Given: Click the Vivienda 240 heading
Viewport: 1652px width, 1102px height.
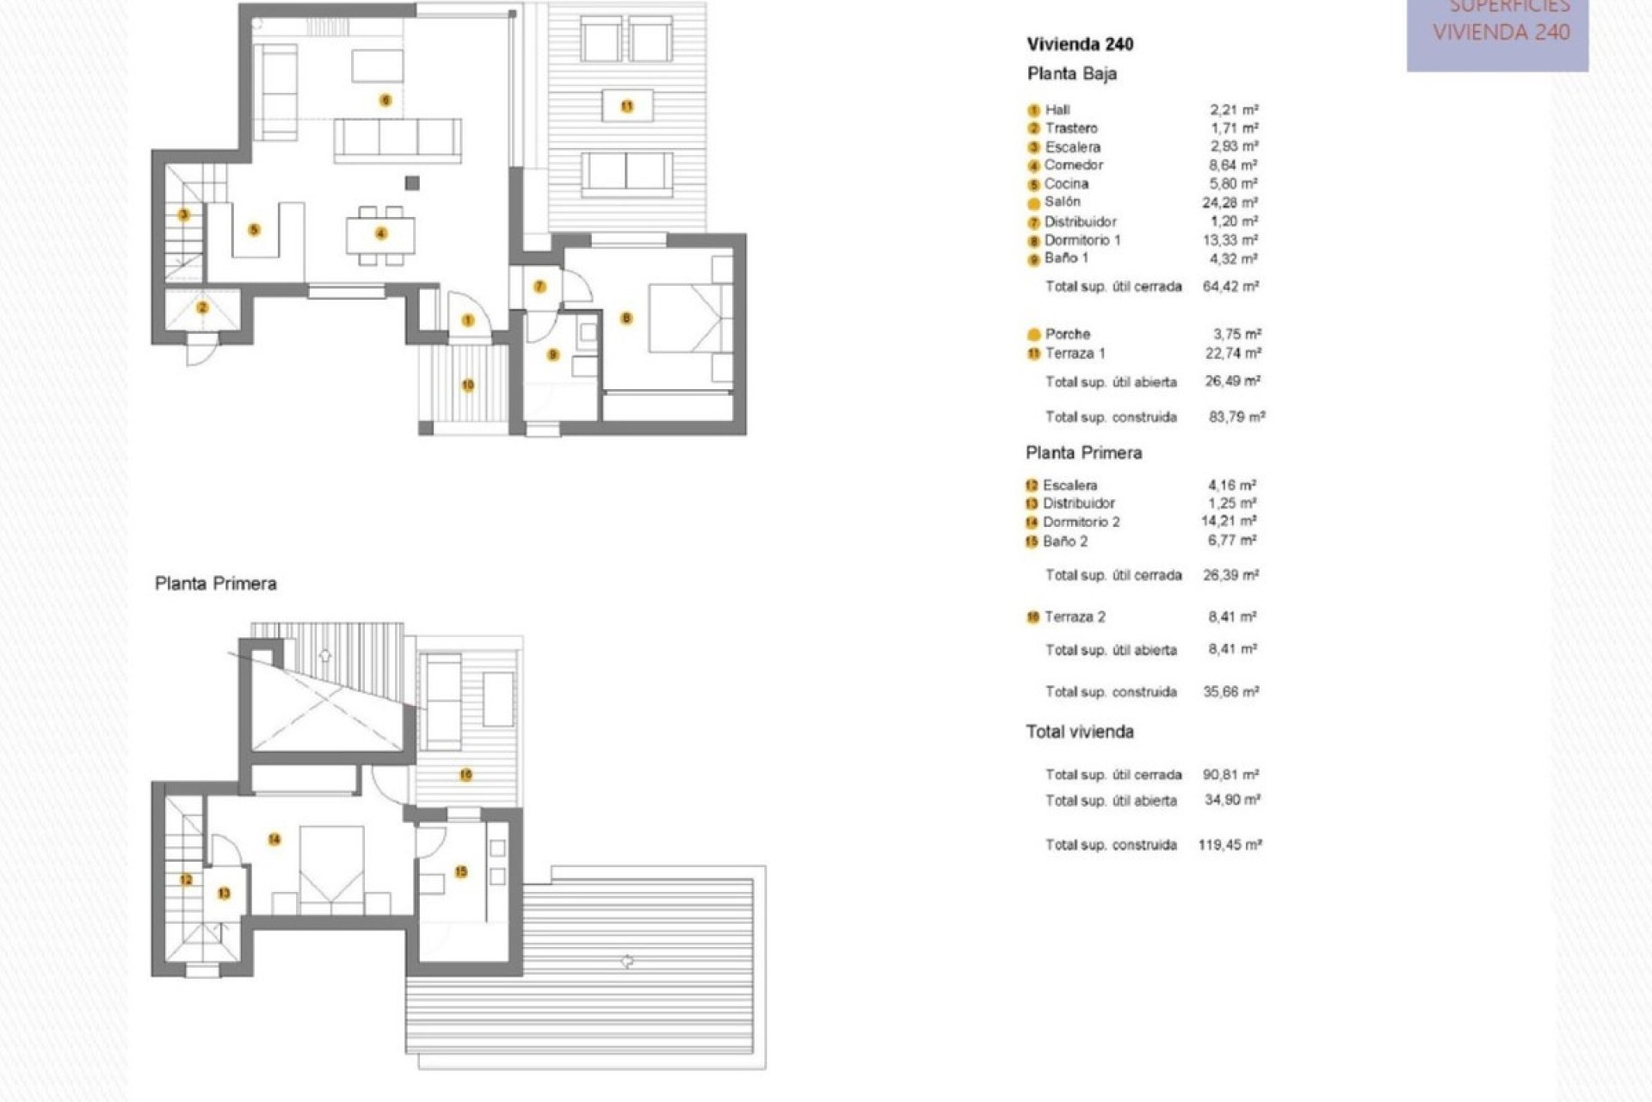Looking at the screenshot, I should pos(1080,45).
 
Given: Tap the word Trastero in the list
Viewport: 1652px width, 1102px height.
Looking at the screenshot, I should pos(1071,128).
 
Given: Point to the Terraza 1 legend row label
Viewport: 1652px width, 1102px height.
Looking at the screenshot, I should pos(1075,353).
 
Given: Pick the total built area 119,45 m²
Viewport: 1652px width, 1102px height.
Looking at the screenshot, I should pos(1230,845).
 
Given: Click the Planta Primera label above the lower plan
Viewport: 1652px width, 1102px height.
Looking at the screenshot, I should pos(216,584).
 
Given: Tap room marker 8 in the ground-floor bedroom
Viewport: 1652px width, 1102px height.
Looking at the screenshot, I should pos(626,319).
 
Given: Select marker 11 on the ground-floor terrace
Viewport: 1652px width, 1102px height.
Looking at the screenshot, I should pos(627,107).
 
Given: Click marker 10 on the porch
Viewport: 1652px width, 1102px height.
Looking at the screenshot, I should pos(468,385).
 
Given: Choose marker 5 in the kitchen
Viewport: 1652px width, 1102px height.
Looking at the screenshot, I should pos(254,230).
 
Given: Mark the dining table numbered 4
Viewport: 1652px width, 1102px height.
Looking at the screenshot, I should pos(380,233).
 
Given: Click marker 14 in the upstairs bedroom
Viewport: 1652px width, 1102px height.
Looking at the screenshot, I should pos(274,839).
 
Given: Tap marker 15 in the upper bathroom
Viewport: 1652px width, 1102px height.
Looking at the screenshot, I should pos(461,872).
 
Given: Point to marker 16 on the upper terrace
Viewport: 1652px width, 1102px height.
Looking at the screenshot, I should pos(465,775).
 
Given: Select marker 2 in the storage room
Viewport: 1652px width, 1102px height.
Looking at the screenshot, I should pos(203,308).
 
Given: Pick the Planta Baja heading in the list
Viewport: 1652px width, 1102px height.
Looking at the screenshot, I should pos(1071,74).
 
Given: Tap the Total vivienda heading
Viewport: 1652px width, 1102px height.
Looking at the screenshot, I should pos(1079,732).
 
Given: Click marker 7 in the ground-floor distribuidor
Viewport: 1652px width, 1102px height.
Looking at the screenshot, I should pos(539,287).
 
